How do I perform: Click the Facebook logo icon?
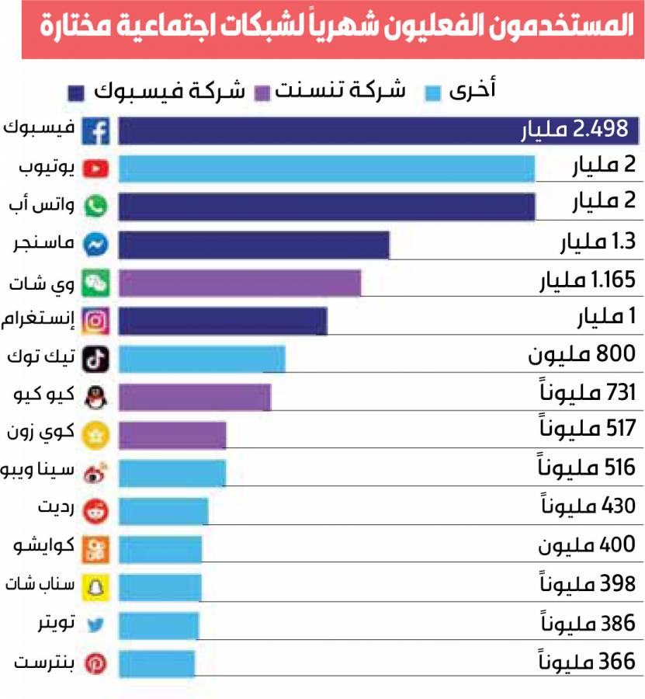pos(97,131)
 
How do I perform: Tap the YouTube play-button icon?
pos(97,169)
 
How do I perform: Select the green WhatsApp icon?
pos(97,207)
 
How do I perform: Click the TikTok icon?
pos(97,359)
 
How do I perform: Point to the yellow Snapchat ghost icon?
pos(97,586)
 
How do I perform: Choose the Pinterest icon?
pos(97,664)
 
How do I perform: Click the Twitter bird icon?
pos(97,624)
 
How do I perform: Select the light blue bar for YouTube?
pos(326,169)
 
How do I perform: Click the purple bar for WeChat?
pos(240,283)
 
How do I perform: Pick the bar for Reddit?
pos(163,511)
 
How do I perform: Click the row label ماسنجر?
pos(47,245)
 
